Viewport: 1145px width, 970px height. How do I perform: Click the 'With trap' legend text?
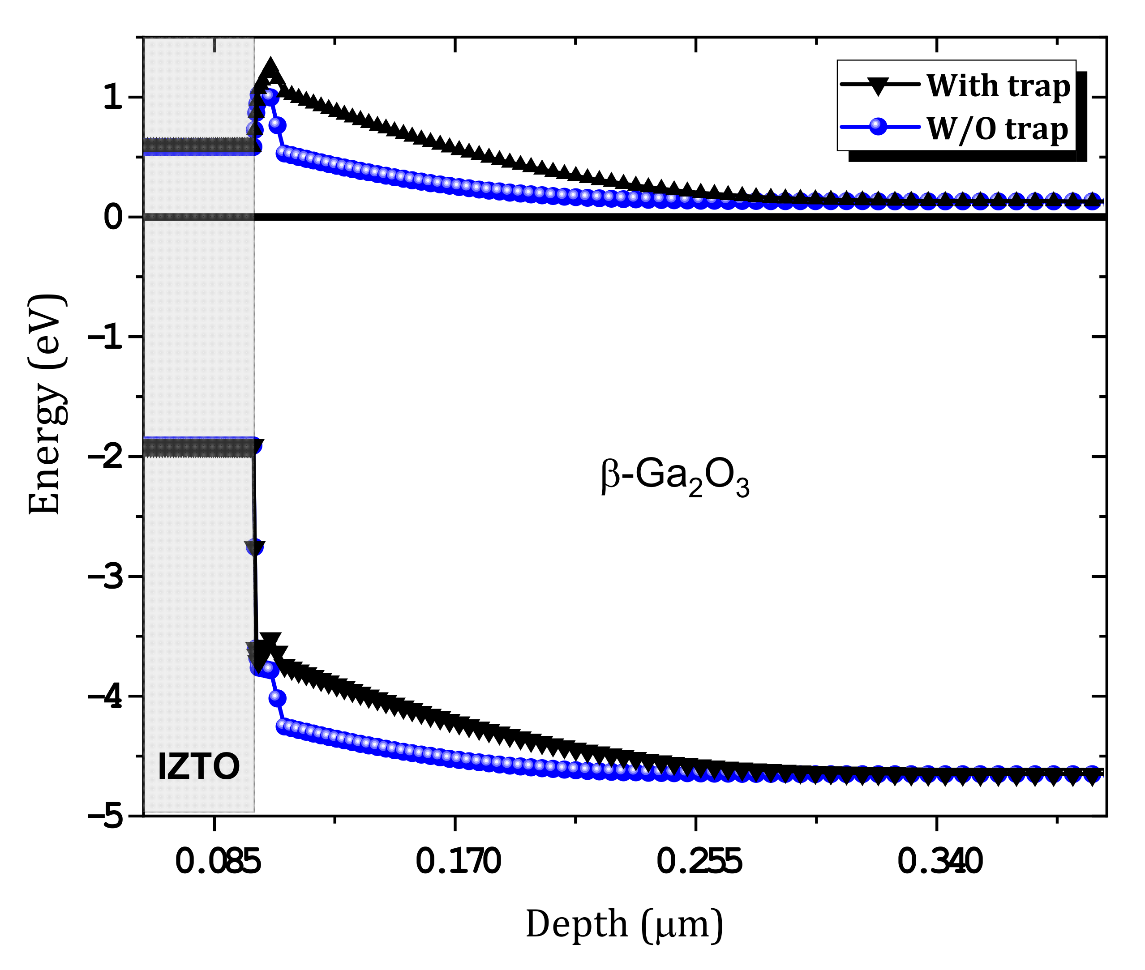pos(998,86)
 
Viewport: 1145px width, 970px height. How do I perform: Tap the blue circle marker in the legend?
pos(879,127)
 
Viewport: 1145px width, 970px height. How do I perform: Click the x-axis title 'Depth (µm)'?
pos(624,924)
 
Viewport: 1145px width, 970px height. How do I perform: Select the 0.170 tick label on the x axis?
pos(458,862)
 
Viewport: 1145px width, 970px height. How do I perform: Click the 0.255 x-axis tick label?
pos(699,862)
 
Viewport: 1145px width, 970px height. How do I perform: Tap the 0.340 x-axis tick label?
pos(939,862)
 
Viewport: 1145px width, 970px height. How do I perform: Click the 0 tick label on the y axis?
pos(113,217)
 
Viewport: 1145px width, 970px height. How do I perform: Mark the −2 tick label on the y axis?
pos(106,457)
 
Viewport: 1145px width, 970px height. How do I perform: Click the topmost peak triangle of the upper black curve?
pos(270,70)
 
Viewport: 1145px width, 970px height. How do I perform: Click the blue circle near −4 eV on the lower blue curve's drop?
pos(277,698)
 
